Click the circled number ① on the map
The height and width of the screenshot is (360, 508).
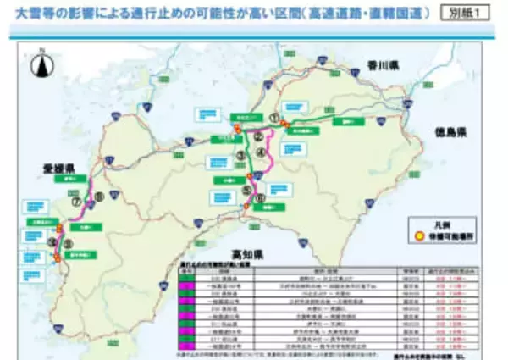coord(273,119)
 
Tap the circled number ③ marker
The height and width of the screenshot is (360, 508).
coord(241,157)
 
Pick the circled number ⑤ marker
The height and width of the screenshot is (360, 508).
coord(245,191)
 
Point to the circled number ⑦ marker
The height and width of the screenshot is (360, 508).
coord(75,203)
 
